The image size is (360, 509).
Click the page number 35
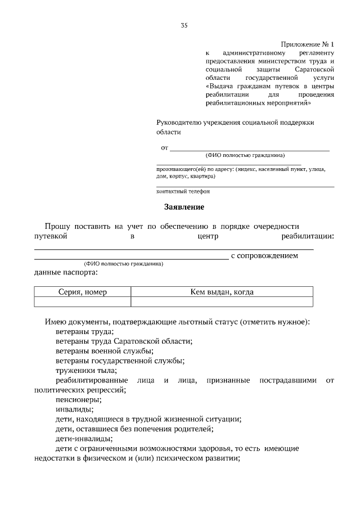(x=184, y=25)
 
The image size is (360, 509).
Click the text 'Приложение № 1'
(x=307, y=44)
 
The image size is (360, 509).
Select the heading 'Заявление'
(x=184, y=207)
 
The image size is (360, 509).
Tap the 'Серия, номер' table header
(x=83, y=292)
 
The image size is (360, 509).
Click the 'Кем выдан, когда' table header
(x=222, y=292)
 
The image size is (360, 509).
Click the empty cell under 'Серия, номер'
(x=83, y=302)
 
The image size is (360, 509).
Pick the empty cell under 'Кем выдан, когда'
(x=222, y=302)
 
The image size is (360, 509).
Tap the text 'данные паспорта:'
(x=65, y=273)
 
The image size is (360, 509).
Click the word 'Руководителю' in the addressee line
(x=179, y=122)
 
